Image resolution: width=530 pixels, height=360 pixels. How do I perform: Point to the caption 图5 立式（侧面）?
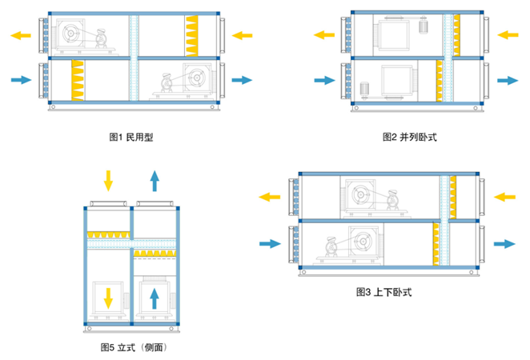(x=133, y=347)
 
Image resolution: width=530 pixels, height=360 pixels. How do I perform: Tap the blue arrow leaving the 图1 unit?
(x=242, y=79)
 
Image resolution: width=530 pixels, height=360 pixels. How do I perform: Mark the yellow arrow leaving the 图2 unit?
(x=324, y=34)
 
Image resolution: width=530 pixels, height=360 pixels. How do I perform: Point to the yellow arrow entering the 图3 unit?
(x=506, y=196)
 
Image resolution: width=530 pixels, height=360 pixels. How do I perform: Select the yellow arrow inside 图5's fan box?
(x=108, y=298)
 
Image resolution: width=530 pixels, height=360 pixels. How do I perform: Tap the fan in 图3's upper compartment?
(x=363, y=196)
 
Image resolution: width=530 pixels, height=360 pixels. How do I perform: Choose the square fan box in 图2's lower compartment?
(x=398, y=80)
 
